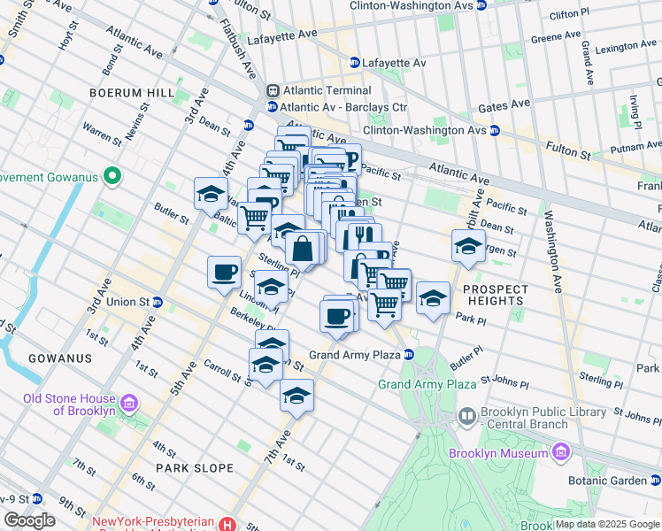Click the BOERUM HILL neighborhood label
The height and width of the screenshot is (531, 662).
pos(128,92)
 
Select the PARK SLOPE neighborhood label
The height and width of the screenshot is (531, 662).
pos(195,467)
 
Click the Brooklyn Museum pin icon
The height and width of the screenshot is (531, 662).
pos(560,453)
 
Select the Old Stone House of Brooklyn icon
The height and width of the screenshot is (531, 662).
pos(129,404)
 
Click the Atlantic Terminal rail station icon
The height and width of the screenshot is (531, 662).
pos(274,90)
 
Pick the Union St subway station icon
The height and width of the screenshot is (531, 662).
pos(158,302)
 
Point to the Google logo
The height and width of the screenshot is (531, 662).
pos(29,520)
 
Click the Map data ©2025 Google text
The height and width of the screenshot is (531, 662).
pos(606,524)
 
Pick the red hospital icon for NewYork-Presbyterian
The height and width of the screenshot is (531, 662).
pos(229,524)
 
